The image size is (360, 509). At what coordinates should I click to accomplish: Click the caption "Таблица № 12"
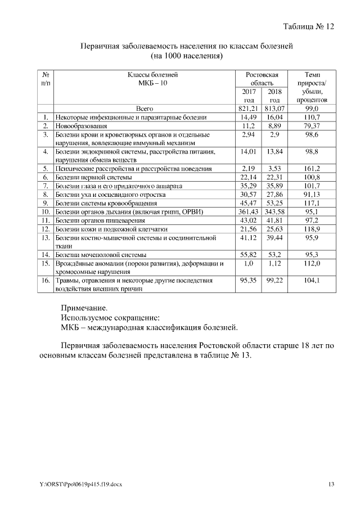click(309, 26)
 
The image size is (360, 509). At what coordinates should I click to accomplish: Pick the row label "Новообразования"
click(82, 126)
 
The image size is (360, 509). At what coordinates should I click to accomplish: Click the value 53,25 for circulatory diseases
click(274, 203)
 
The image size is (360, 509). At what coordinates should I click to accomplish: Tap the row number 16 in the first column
click(46, 280)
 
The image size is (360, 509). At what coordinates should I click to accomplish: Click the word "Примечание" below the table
click(84, 308)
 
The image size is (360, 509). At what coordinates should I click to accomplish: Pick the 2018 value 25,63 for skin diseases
click(274, 229)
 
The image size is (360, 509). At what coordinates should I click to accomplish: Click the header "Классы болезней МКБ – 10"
click(145, 78)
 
